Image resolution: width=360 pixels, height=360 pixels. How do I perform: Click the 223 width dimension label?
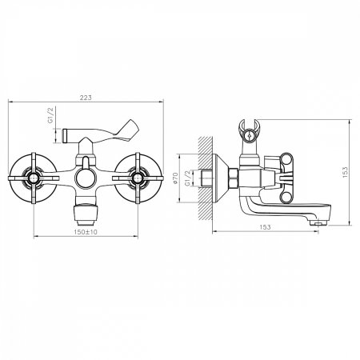(86, 98)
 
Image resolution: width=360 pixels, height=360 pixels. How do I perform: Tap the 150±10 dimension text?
(86, 232)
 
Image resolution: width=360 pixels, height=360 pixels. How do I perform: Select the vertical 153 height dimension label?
(345, 172)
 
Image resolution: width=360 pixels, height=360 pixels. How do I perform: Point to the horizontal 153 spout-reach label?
(265, 227)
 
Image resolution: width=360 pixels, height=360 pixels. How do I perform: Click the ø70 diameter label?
(175, 178)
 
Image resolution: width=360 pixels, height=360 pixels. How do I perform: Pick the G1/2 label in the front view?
(51, 114)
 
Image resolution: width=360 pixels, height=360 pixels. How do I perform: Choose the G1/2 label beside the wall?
(188, 178)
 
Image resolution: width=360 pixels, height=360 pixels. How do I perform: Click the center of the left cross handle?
(34, 178)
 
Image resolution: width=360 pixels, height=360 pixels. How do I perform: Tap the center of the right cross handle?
(138, 178)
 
